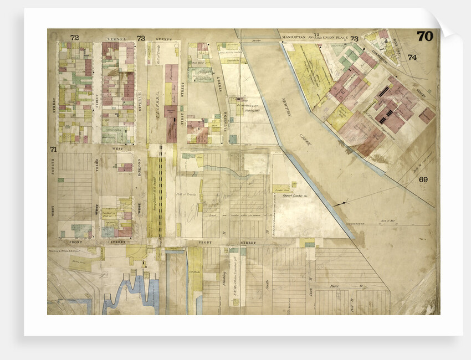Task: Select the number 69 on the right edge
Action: (423, 179)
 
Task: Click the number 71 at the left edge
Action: (53, 150)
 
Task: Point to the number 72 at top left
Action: (74, 38)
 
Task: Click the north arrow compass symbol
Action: (345, 203)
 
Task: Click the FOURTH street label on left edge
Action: (53, 177)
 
